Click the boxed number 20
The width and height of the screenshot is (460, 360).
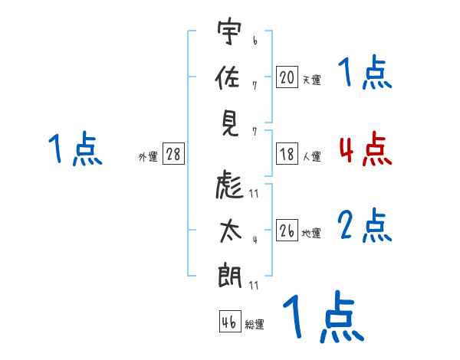tap(287, 77)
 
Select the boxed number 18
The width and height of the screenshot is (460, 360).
tap(287, 153)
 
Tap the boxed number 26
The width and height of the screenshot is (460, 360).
tap(287, 231)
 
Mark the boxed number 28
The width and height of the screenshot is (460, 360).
tap(173, 154)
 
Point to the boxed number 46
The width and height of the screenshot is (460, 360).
tap(229, 322)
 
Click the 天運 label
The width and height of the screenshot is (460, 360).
tap(311, 79)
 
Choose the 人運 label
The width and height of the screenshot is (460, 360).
tap(311, 155)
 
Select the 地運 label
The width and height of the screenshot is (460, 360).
tap(311, 233)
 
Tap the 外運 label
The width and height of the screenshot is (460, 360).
tap(147, 156)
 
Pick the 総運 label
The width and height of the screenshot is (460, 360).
tap(255, 324)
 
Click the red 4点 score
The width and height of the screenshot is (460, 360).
tap(365, 149)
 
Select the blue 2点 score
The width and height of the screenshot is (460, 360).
tap(365, 226)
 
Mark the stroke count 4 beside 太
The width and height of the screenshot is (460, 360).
tap(255, 239)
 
